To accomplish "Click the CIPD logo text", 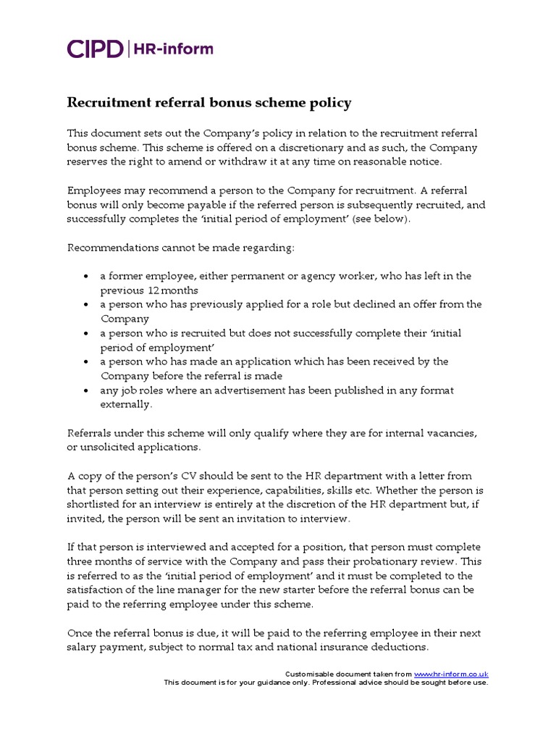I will [x=94, y=49].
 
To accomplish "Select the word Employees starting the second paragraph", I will [x=93, y=191].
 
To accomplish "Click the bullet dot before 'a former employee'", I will [x=87, y=277].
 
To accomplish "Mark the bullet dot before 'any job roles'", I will [x=87, y=391].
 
